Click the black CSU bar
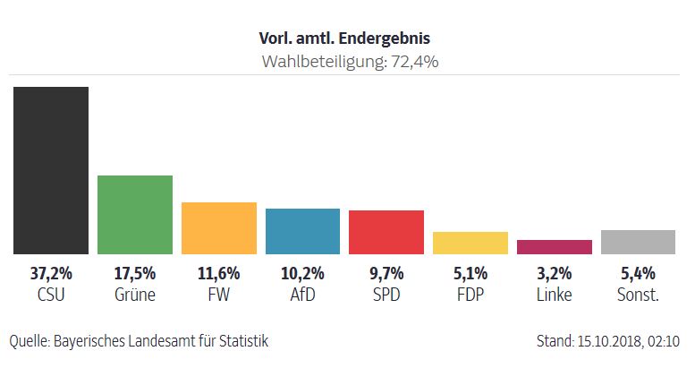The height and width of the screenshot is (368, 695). click(50, 170)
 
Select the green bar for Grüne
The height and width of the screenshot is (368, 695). click(134, 215)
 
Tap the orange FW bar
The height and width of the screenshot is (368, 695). click(218, 228)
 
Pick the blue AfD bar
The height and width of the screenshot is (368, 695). click(302, 231)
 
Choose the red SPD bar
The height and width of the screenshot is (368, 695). click(386, 232)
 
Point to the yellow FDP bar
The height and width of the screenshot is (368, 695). click(470, 243)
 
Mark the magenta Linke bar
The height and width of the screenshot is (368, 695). click(554, 247)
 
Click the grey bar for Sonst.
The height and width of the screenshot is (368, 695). click(638, 242)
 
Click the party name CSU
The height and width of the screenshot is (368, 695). click(50, 294)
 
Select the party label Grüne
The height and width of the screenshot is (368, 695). click(134, 294)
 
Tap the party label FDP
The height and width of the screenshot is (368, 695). click(470, 294)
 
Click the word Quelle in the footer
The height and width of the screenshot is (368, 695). click(29, 341)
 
